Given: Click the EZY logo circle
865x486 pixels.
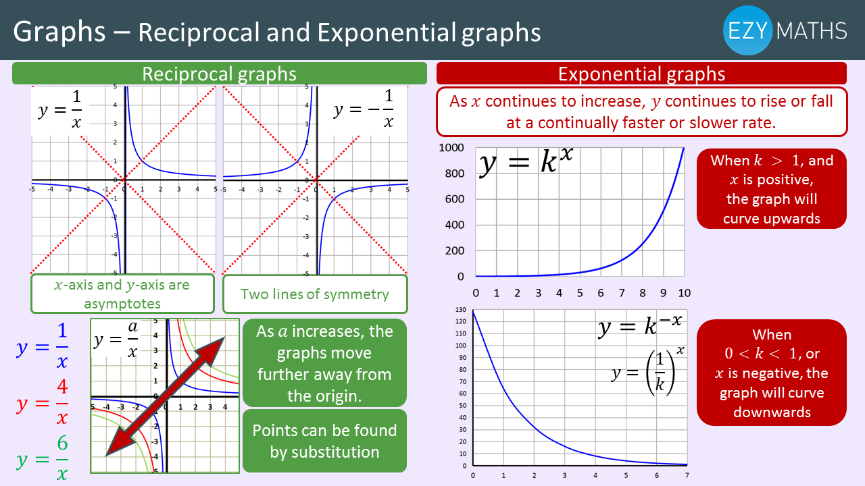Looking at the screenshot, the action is click(747, 30).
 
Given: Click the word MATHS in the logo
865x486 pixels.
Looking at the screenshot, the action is click(812, 31).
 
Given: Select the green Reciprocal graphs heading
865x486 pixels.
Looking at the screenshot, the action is click(220, 74).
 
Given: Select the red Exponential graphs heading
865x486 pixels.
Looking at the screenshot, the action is click(641, 74).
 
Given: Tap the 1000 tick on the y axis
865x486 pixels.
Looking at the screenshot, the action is click(451, 148).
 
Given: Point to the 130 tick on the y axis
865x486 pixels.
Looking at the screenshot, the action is click(461, 310).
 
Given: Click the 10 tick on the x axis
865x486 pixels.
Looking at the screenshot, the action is click(685, 293).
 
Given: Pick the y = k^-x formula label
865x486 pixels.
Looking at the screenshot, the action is click(641, 326).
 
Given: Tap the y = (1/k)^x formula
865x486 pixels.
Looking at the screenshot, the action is click(647, 372).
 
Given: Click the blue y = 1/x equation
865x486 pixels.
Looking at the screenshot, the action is click(43, 346).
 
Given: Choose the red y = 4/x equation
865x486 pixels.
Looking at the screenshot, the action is click(43, 402).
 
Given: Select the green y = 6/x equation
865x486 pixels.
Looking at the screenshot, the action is click(43, 458).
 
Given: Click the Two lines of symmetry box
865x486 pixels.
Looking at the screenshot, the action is click(315, 294).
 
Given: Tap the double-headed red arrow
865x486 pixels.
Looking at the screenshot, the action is click(165, 396).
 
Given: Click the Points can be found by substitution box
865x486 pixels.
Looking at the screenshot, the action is click(324, 441).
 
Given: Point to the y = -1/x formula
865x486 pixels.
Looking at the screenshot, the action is click(364, 109).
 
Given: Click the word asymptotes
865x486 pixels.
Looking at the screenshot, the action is click(122, 304).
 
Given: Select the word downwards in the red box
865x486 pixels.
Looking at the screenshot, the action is click(772, 412).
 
